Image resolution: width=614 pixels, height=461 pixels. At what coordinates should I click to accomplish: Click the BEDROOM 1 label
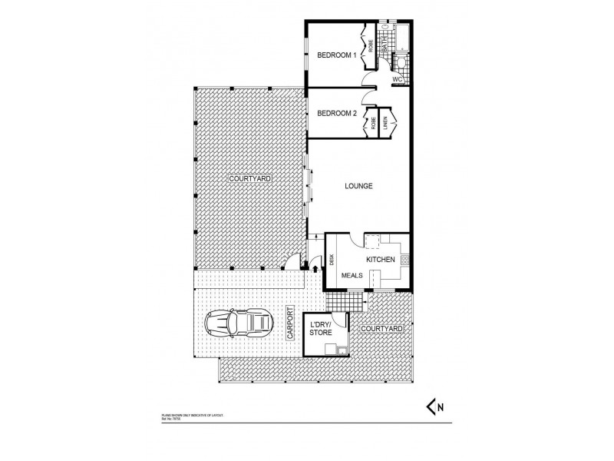(338, 55)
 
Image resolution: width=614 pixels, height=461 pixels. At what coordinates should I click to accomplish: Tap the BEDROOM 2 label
(338, 114)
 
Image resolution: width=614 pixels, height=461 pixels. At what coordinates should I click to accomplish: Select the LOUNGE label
(358, 186)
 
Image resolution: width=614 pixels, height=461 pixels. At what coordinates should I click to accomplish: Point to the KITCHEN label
(380, 260)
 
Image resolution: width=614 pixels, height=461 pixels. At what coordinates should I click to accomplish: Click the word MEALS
(352, 274)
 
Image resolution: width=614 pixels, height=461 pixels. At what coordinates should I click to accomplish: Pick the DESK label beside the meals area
(332, 260)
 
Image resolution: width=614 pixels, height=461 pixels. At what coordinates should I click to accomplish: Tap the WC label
(398, 79)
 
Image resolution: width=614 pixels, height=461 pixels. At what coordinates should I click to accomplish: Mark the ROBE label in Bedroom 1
(370, 45)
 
